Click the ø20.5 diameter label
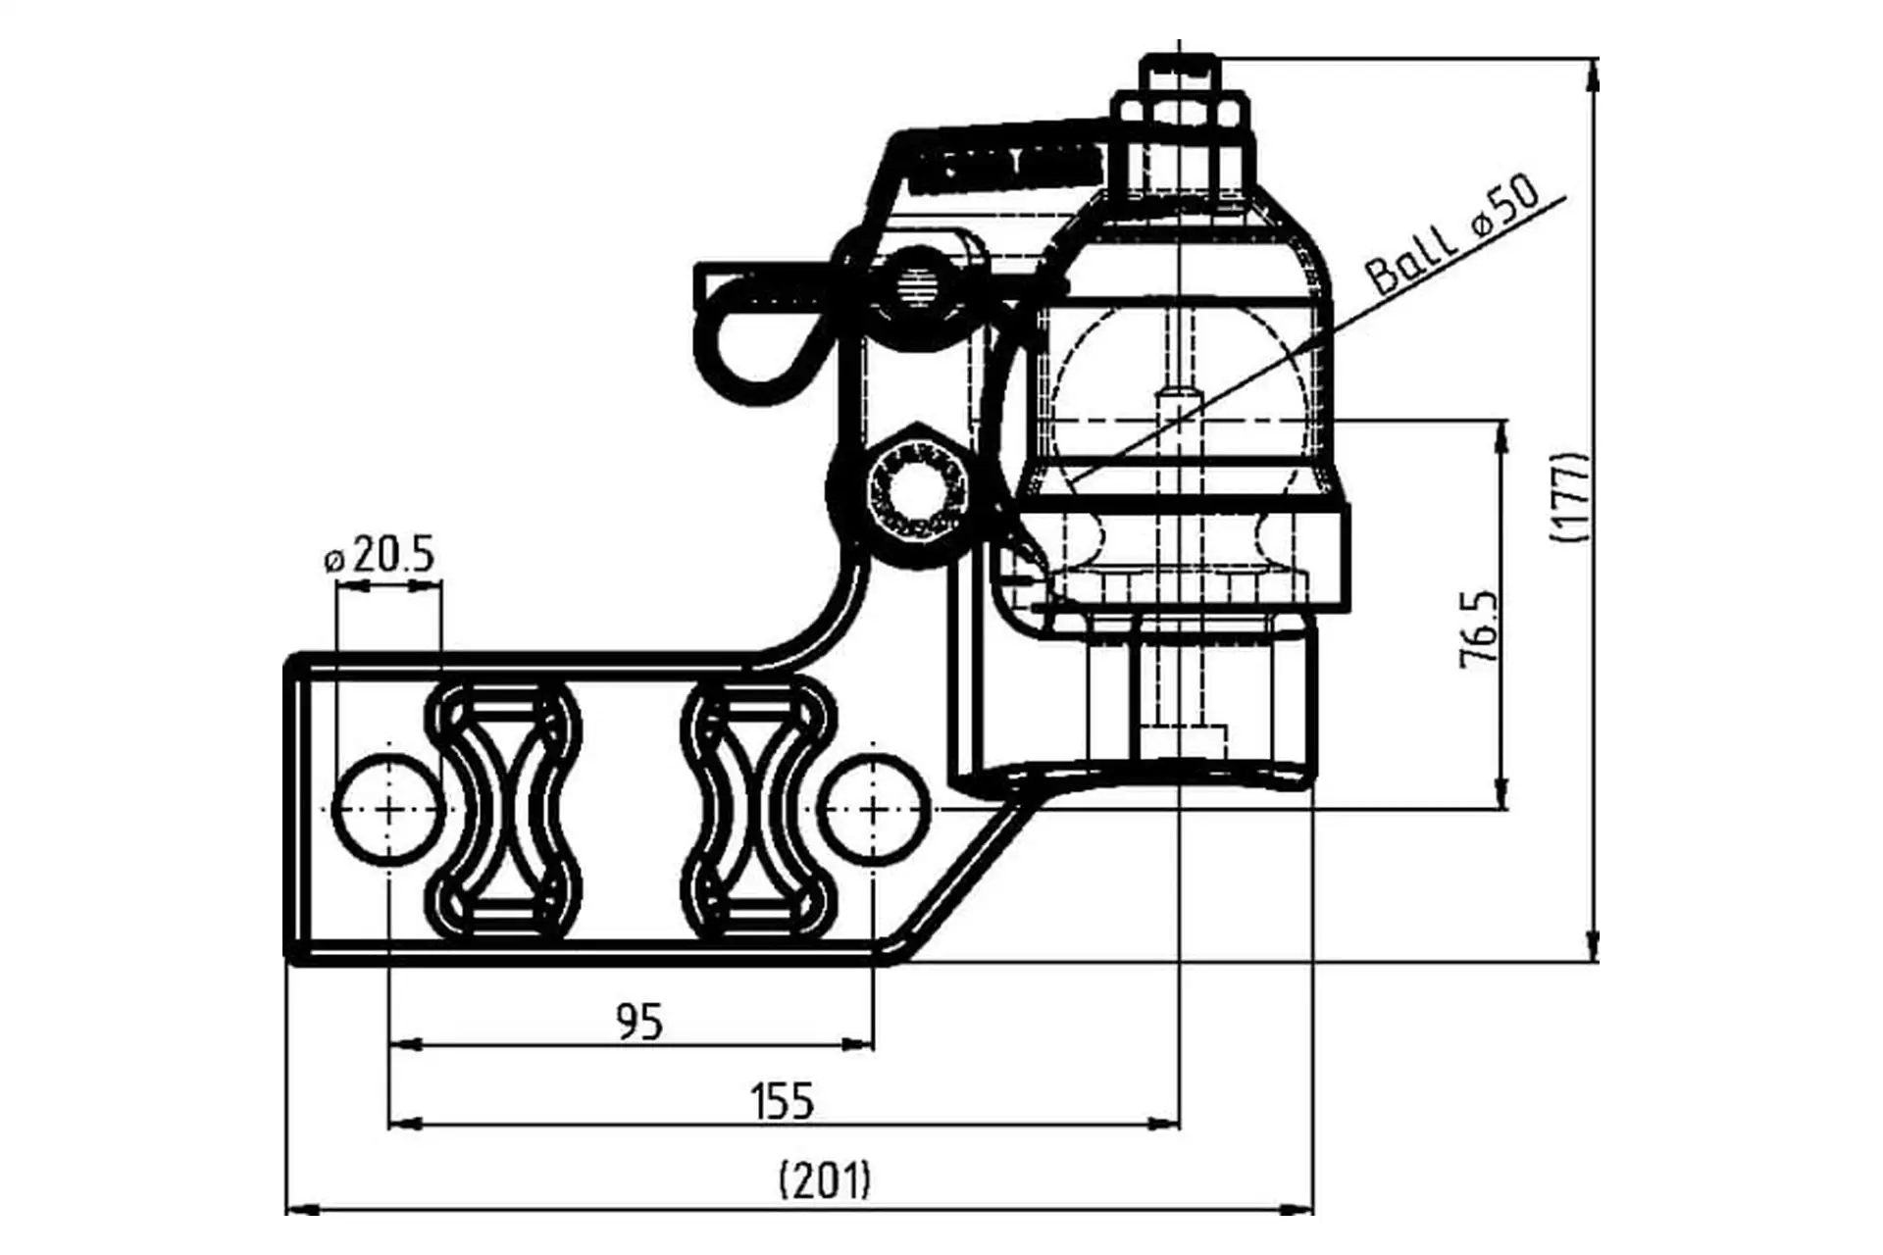click(x=379, y=556)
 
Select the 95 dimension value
click(x=639, y=1023)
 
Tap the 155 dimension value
click(x=783, y=1101)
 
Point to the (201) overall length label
click(x=825, y=1180)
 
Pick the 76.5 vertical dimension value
click(x=1480, y=629)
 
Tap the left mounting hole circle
click(x=388, y=809)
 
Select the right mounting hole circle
click(x=873, y=809)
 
